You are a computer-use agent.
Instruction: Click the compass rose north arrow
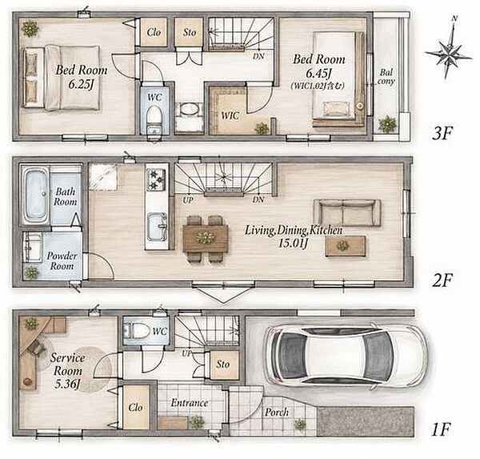click(449, 48)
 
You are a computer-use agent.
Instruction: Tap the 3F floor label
click(442, 134)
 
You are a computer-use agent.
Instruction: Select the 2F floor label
click(442, 280)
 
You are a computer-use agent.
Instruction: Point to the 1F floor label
click(441, 429)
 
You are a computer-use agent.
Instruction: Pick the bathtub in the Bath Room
click(37, 196)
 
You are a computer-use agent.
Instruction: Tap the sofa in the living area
click(347, 211)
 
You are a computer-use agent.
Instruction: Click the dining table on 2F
click(206, 238)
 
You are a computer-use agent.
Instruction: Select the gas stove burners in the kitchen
click(157, 179)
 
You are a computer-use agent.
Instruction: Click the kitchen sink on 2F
click(158, 227)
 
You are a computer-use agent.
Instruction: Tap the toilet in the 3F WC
click(154, 120)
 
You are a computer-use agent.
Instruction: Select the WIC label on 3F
click(230, 115)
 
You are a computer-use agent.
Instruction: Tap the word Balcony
click(386, 77)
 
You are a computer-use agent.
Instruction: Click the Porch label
click(277, 413)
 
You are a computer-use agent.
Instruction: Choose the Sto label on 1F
click(223, 364)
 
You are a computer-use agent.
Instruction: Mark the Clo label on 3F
click(154, 32)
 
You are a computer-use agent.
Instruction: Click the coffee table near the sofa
click(346, 246)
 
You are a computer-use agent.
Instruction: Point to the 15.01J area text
click(293, 244)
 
